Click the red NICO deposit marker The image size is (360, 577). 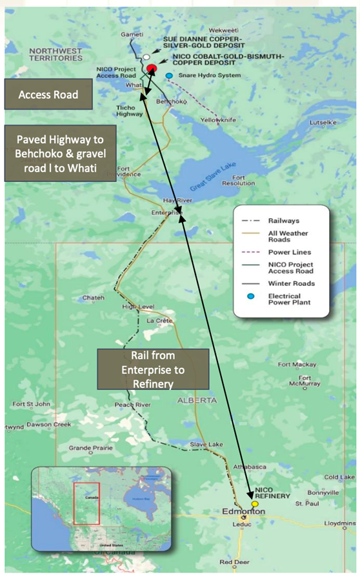(152, 68)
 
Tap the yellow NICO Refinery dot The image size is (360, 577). (255, 503)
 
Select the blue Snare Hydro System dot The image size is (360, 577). (169, 76)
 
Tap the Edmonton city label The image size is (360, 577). (244, 511)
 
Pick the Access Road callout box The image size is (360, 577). (48, 94)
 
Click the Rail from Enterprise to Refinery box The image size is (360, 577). (153, 370)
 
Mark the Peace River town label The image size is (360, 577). (133, 405)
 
